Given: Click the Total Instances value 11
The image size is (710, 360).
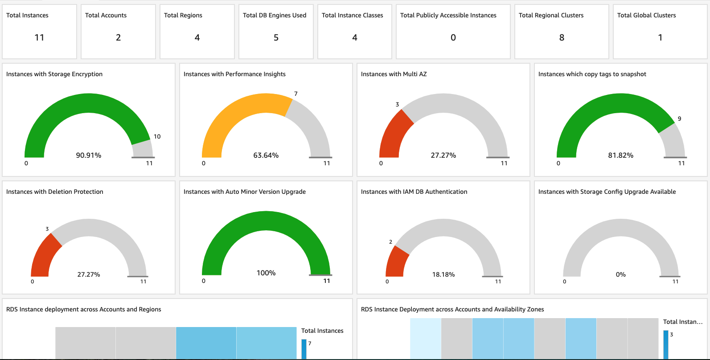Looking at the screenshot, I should tap(39, 38).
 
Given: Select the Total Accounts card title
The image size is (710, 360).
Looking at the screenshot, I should tap(106, 15).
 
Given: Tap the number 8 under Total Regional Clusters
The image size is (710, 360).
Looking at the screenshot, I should tap(562, 38).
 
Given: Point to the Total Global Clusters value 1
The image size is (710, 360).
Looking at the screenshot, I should tap(660, 38).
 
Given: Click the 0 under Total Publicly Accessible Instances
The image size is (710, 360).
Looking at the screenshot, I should tap(453, 38).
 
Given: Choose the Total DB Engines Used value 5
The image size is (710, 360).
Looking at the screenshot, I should tap(276, 38).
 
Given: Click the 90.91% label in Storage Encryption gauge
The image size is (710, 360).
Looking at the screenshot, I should tap(89, 155).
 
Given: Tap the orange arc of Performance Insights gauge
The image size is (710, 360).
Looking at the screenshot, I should tap(232, 111).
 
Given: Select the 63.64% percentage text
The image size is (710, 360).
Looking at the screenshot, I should tap(266, 155).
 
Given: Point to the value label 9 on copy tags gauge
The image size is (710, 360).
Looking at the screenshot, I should tap(679, 119).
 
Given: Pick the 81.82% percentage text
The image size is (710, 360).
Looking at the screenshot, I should tap(620, 155).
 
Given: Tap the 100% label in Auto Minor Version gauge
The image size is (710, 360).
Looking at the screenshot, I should tap(266, 273).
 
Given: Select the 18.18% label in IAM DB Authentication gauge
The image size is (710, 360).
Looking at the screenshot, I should tap(443, 274).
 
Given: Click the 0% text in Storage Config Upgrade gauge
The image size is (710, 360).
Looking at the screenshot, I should tap(620, 274).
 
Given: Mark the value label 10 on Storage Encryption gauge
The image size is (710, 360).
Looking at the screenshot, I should tap(157, 137).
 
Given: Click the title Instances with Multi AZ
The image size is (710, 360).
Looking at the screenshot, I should tap(394, 74).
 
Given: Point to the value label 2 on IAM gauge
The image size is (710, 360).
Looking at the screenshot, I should tap(390, 242).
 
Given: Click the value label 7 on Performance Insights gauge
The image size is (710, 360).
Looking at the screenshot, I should tap(295, 94).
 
